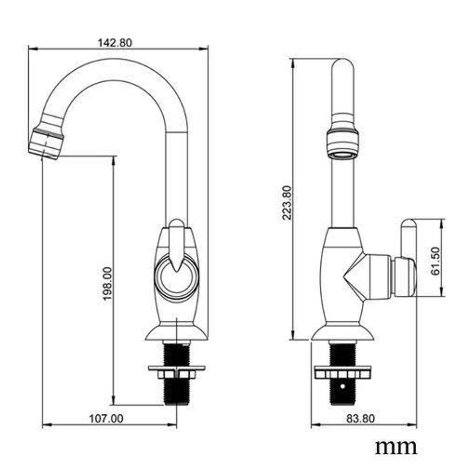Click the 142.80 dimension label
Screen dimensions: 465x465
pos(115,42)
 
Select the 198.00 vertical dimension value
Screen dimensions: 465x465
pos(108,283)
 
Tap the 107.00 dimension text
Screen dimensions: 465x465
pos(106,418)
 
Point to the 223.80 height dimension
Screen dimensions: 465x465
pos(286,202)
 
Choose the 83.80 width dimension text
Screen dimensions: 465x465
pos(360,418)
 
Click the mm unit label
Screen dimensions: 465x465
pos(396,447)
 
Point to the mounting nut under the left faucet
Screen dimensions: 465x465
pos(176,372)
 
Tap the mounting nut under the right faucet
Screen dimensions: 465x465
pos(343,373)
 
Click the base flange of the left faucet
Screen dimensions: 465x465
pos(176,332)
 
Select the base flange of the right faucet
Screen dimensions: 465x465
pos(343,332)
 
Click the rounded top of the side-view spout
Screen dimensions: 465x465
pos(343,65)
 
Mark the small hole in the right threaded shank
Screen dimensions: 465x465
pos(343,385)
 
